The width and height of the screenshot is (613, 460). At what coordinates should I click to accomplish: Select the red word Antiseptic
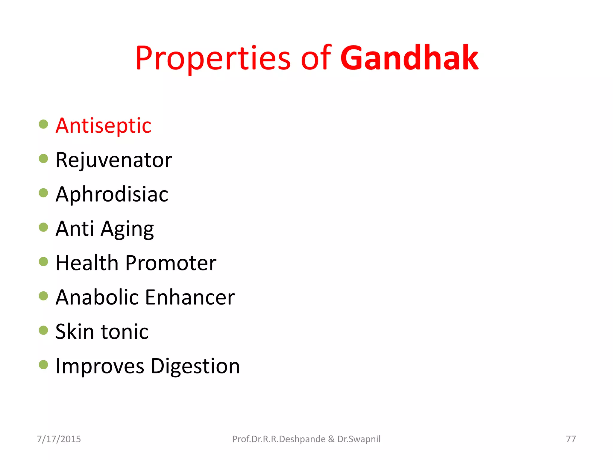(x=103, y=125)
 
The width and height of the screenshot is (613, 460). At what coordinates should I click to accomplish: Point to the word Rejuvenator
(x=114, y=160)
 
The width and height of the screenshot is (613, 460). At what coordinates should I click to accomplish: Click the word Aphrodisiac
(x=112, y=194)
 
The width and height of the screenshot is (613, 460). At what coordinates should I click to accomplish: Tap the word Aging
(x=127, y=229)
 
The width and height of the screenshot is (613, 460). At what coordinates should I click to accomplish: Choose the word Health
(x=87, y=263)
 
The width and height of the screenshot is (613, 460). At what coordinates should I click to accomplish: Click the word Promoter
(x=171, y=263)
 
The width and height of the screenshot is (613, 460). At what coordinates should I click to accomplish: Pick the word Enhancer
(x=190, y=297)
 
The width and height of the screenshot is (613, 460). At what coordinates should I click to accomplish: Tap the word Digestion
(x=195, y=366)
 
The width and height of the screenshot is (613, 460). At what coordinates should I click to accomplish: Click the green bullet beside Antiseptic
(x=43, y=124)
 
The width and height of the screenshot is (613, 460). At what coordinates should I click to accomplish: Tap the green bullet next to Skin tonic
(x=43, y=330)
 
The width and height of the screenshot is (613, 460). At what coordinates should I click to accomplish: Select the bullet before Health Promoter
(x=43, y=261)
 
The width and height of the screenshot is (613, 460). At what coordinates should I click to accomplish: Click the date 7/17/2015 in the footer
(x=59, y=439)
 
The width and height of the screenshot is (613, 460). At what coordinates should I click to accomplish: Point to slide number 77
(x=571, y=439)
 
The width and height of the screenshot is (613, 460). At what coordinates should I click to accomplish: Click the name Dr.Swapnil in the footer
(x=359, y=439)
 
